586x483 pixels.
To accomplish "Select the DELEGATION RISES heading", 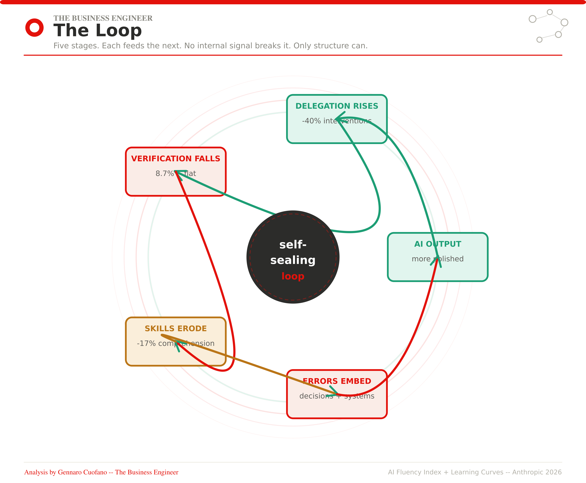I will (337, 106).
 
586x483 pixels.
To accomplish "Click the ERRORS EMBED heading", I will (337, 381).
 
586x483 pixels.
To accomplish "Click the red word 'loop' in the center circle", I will (293, 276).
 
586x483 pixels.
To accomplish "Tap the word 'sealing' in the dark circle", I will (293, 260).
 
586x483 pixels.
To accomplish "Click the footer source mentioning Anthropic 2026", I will (475, 472).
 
